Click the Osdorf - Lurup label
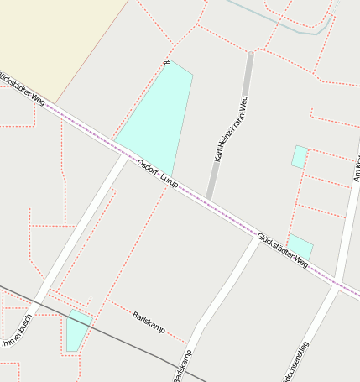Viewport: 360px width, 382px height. point(157,173)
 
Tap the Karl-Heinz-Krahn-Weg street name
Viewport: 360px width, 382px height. point(231,128)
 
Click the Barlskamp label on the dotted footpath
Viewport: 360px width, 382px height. point(149,320)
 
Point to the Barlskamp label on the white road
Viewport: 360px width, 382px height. point(184,365)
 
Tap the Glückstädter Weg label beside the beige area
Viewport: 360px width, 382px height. point(23,88)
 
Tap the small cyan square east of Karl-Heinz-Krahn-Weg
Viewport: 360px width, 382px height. point(299,156)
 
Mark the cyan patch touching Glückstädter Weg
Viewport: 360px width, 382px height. point(300,249)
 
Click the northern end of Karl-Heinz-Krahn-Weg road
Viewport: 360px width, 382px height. point(250,55)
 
